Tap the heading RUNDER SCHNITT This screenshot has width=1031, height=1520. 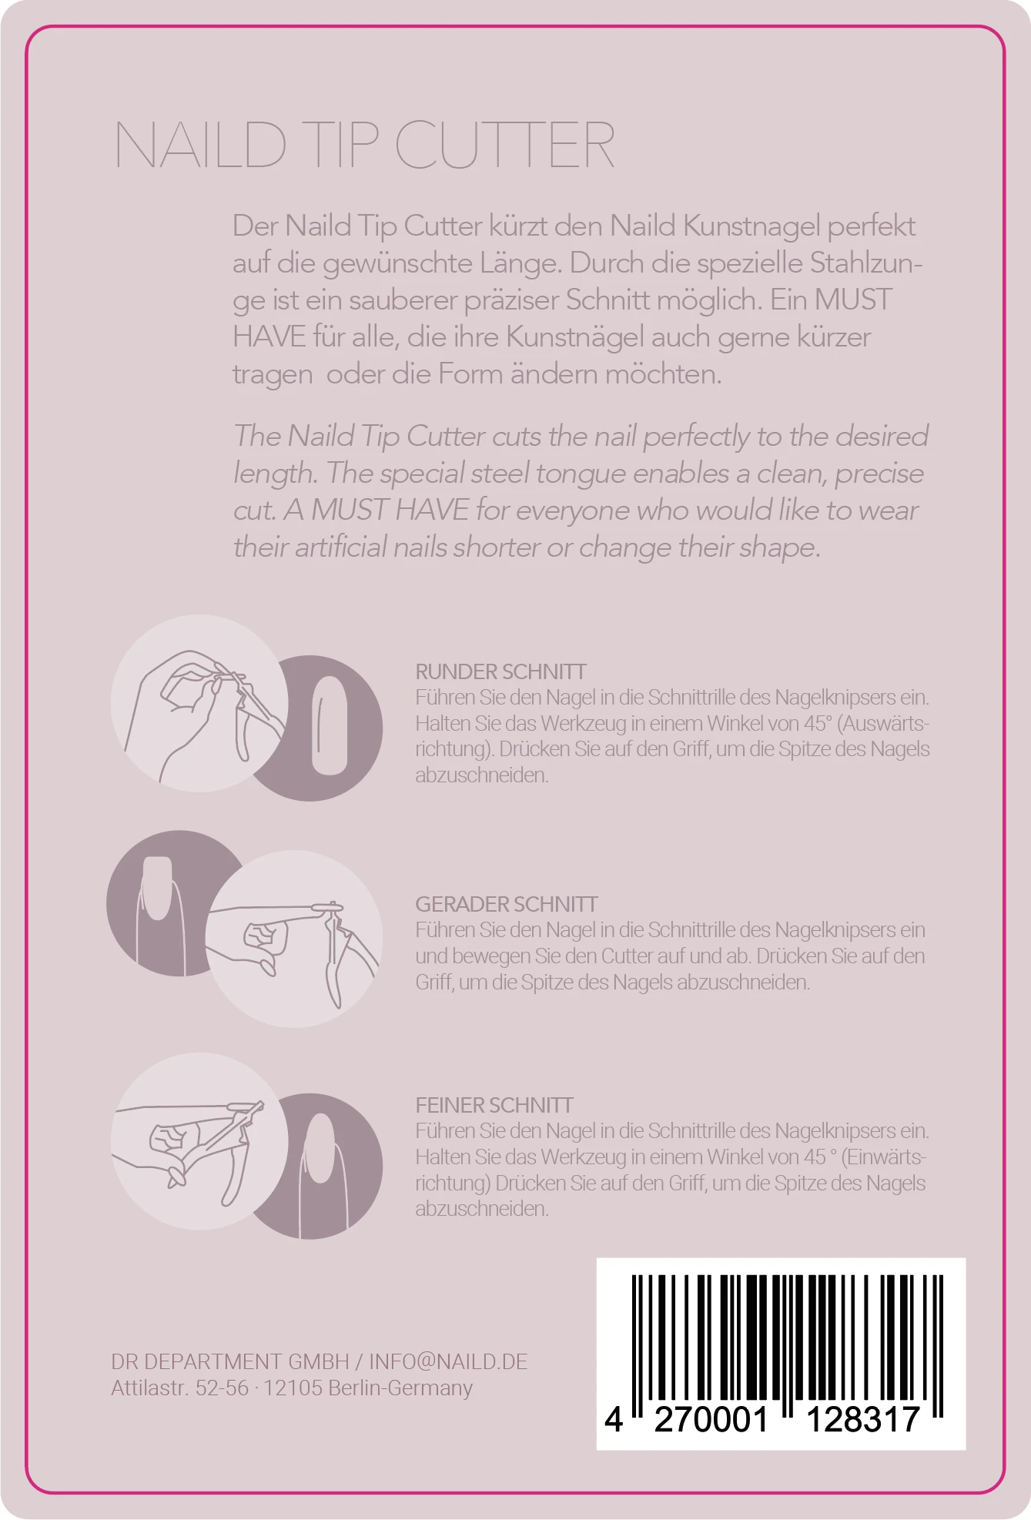click(x=500, y=671)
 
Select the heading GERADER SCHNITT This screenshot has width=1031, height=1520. click(x=506, y=904)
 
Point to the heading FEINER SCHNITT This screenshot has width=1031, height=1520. click(x=494, y=1105)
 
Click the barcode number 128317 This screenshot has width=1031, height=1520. click(x=862, y=1419)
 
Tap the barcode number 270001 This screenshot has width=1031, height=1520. click(x=711, y=1419)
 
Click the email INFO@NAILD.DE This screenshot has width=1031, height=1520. click(x=448, y=1361)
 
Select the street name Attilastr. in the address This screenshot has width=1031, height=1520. click(x=150, y=1388)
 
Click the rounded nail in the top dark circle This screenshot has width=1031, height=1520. click(x=330, y=726)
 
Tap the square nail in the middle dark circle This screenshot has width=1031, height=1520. click(x=158, y=888)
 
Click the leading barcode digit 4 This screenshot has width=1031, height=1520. click(x=613, y=1419)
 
